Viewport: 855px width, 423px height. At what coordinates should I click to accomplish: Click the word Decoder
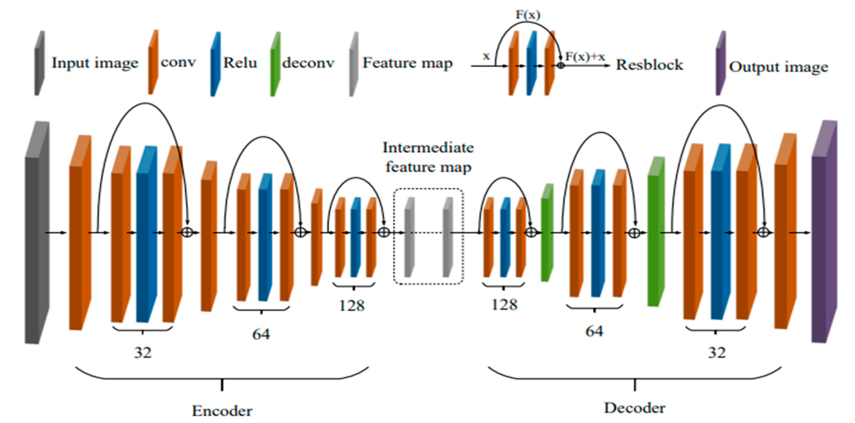tap(634, 408)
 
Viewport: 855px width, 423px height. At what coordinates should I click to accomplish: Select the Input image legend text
tap(95, 63)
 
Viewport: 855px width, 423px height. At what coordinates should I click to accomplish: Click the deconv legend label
tap(308, 63)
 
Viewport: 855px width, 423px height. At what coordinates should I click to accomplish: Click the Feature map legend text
tap(407, 63)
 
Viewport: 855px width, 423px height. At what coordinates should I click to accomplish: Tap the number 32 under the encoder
tap(143, 352)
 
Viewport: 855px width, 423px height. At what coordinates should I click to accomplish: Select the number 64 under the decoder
tap(594, 331)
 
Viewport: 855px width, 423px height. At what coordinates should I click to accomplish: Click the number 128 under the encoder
tap(352, 305)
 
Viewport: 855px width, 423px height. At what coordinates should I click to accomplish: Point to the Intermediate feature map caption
tap(428, 157)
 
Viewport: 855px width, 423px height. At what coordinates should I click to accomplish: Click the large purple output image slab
tap(824, 232)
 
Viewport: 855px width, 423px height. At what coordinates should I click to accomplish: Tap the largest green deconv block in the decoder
tap(655, 232)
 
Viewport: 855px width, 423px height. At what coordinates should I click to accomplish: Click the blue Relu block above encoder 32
tap(146, 234)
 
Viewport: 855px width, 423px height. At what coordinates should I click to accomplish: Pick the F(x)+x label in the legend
tap(585, 57)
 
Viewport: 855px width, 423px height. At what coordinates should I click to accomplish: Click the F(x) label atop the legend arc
tap(528, 15)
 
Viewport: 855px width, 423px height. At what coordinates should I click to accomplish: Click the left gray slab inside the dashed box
tap(409, 237)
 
